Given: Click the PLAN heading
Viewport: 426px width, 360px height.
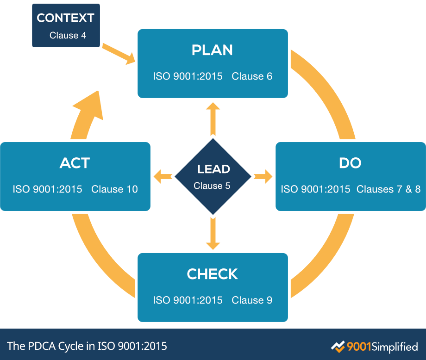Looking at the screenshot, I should pos(213,50).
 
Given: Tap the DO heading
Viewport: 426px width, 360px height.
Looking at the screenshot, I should pos(350,163).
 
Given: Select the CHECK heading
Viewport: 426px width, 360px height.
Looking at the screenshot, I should pos(213,274).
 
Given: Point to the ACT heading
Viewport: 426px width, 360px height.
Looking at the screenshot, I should pos(75,163).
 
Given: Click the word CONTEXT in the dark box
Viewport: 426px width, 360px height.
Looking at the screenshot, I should pos(65,18).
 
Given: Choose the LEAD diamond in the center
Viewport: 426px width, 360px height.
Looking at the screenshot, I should pos(213,176).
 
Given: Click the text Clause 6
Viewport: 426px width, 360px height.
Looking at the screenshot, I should pos(252,76).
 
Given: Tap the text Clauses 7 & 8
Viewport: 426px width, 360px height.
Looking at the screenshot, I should pos(388,189).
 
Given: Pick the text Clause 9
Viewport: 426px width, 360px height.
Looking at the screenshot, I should pos(252,300).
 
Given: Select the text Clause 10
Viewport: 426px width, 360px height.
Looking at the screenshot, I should pos(114,189).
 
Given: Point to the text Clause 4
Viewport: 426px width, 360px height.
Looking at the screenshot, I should pos(68,35).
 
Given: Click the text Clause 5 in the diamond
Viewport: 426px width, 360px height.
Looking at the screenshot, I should pos(213,186).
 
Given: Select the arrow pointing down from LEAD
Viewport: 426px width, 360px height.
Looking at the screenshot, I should pos(213,234).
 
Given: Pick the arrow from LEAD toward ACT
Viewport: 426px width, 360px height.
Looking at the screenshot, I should pos(163,176).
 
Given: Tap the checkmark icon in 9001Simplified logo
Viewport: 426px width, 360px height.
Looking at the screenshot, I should pos(338,346).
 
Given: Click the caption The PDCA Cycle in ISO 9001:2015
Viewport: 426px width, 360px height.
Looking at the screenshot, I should pos(87,346).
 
